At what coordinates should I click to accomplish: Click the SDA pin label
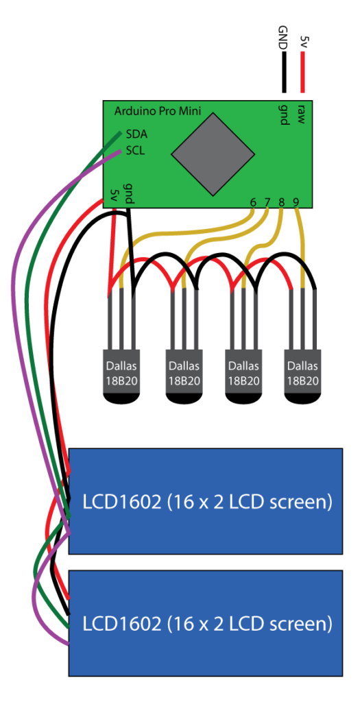(x=136, y=134)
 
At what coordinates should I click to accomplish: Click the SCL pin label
(x=136, y=151)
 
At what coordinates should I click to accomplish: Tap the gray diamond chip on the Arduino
(x=213, y=154)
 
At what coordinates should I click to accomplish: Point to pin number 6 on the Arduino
(x=253, y=202)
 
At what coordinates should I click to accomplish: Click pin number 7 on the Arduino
(x=267, y=202)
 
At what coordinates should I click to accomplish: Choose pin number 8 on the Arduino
(x=282, y=202)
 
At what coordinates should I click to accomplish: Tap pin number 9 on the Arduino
(x=296, y=202)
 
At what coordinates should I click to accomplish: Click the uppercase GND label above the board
(x=283, y=38)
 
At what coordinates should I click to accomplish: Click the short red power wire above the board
(x=302, y=72)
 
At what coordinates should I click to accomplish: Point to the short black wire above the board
(x=283, y=72)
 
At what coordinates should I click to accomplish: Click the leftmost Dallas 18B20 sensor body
(x=122, y=376)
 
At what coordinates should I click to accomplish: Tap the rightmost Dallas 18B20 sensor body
(x=303, y=376)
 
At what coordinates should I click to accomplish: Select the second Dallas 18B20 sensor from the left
(x=184, y=376)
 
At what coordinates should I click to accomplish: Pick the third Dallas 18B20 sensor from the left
(x=243, y=376)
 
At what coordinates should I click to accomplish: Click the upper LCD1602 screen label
(x=207, y=502)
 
